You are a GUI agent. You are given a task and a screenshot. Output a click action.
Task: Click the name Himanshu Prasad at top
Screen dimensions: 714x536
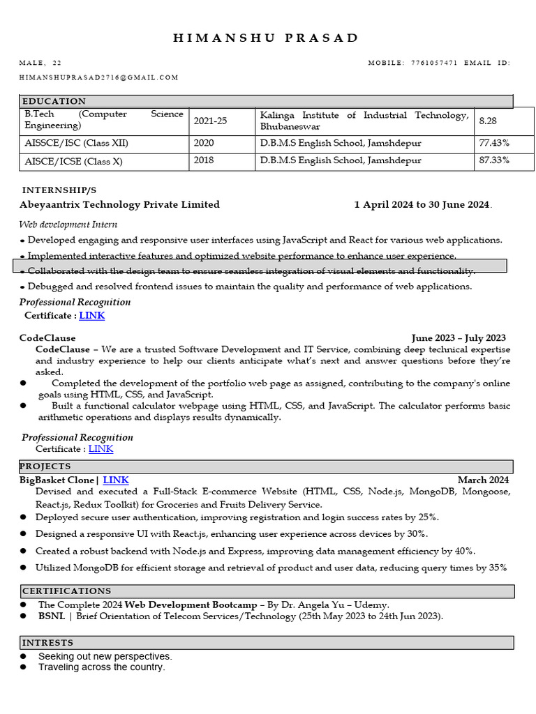[266, 38]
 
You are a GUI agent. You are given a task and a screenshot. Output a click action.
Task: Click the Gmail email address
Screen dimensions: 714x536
[99, 77]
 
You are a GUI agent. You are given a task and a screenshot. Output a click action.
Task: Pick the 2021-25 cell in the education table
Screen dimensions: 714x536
[208, 121]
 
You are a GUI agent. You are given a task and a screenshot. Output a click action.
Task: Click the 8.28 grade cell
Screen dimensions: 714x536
[488, 121]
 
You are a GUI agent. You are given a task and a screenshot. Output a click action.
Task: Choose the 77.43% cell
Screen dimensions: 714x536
[493, 143]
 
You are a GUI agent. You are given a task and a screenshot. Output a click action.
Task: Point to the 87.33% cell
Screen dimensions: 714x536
[493, 160]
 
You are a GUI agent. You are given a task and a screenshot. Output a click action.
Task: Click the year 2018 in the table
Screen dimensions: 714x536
[204, 160]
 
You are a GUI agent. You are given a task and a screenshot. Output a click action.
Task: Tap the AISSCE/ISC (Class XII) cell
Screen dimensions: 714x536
[77, 143]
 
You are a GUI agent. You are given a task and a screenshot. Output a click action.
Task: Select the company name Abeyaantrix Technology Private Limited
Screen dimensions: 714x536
[119, 204]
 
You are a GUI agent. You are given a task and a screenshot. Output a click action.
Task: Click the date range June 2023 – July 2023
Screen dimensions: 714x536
[459, 338]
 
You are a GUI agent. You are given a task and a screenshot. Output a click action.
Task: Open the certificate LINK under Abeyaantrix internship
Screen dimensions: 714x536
[92, 316]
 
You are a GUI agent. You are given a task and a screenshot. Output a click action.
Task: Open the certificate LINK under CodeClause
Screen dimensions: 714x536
[100, 449]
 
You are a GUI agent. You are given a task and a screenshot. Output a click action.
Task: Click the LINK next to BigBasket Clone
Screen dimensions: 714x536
[116, 480]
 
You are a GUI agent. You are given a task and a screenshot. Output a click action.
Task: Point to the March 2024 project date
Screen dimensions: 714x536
[483, 480]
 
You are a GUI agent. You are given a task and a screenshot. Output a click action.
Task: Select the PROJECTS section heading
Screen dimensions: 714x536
[45, 466]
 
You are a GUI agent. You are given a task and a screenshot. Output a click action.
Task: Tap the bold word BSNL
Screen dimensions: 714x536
[52, 616]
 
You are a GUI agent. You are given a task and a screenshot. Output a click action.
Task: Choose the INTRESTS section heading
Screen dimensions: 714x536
[48, 642]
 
